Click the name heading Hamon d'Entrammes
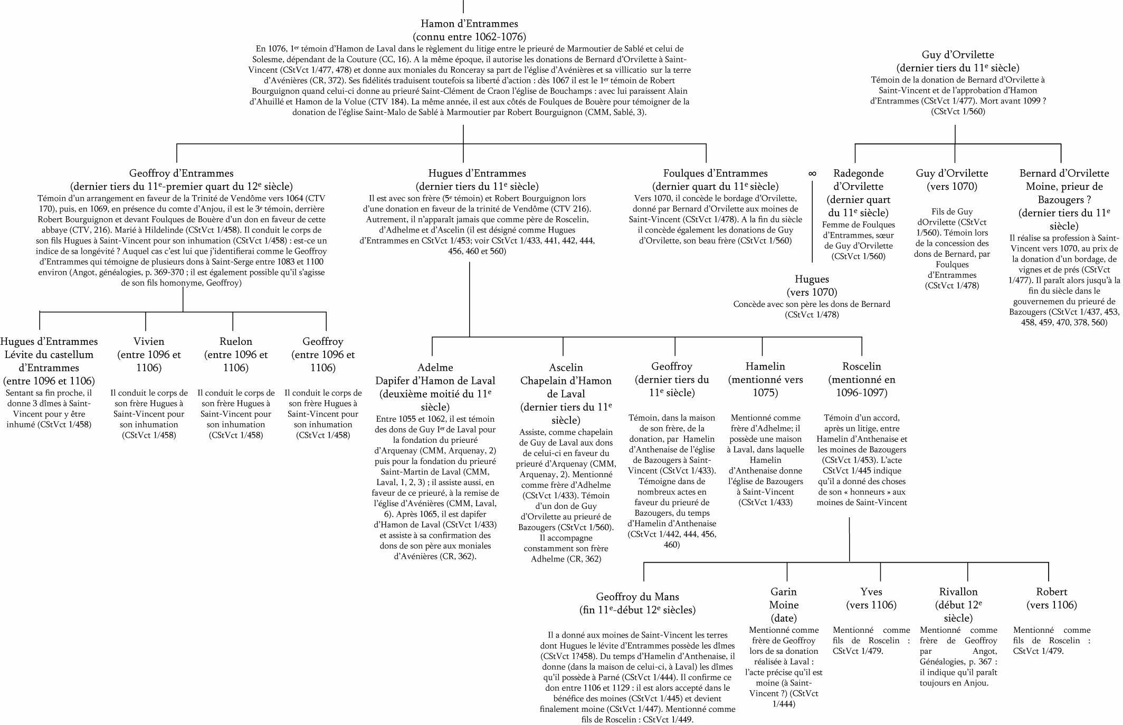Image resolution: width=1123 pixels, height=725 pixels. (469, 24)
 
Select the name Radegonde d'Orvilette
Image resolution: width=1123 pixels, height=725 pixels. (858, 180)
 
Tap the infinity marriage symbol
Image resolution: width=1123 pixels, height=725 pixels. (812, 173)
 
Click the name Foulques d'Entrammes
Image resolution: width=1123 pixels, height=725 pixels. (715, 173)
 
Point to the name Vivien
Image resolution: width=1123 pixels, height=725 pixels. (149, 342)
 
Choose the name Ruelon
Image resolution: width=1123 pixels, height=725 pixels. (236, 342)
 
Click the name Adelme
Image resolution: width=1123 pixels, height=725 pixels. (435, 368)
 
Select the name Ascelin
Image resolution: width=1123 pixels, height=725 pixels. (566, 368)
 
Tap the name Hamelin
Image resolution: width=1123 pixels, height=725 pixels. (765, 366)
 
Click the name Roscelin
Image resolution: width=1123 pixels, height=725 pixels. (862, 366)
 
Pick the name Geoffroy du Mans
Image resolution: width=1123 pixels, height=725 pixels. (637, 597)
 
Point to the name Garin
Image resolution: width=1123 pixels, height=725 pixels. (784, 592)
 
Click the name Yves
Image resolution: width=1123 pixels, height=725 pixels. (871, 592)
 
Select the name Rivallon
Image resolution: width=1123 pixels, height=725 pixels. (958, 592)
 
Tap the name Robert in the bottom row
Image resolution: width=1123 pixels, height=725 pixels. (1051, 592)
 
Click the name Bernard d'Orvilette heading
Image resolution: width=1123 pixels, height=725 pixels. (1064, 173)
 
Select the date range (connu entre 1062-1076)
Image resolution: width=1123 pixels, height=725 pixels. (469, 37)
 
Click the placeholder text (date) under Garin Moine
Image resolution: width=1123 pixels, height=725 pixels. (784, 618)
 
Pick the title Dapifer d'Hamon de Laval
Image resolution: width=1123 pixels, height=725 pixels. (435, 381)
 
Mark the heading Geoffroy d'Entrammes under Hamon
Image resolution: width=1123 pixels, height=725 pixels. (181, 173)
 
